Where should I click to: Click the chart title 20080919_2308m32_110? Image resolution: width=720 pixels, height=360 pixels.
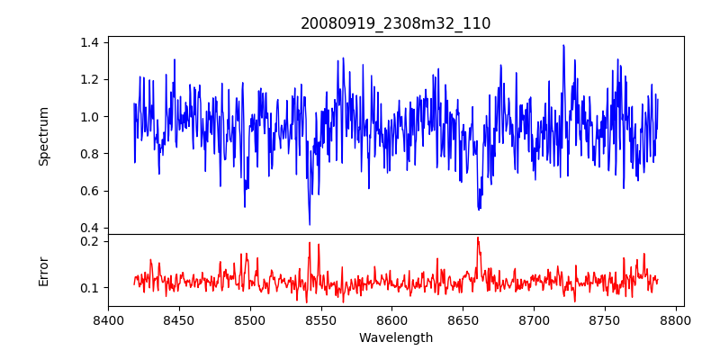tap(396, 23)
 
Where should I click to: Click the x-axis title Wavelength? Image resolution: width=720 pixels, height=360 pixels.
tap(396, 338)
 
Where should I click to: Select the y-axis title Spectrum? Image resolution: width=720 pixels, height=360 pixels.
tap(44, 136)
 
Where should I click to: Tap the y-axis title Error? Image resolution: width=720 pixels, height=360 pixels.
tap(44, 271)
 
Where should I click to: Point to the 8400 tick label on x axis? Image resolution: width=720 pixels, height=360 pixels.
tap(108, 319)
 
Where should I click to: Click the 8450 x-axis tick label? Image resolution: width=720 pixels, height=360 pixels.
tap(179, 319)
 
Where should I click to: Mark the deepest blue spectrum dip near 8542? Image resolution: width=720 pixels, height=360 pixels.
tap(310, 224)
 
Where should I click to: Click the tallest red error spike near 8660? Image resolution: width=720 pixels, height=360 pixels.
tap(478, 238)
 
